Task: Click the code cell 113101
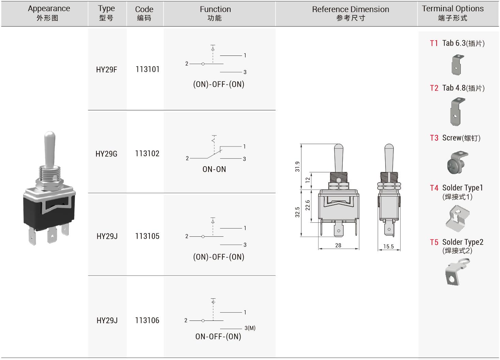click(x=147, y=69)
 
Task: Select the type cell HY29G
click(x=106, y=154)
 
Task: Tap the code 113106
click(x=147, y=320)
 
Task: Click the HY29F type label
click(x=106, y=70)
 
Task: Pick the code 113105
click(x=147, y=236)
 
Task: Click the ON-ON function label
click(x=214, y=169)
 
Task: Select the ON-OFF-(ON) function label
click(x=218, y=336)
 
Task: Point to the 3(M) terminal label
click(x=250, y=328)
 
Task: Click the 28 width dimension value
click(x=338, y=245)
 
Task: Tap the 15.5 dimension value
click(x=388, y=246)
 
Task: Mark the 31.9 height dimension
click(x=297, y=167)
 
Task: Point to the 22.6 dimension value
click(x=308, y=205)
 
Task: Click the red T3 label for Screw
click(x=434, y=138)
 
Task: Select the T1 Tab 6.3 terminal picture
click(x=457, y=65)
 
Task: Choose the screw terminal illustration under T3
click(x=457, y=162)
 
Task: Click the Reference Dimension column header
click(x=350, y=13)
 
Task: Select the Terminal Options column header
click(x=453, y=13)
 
